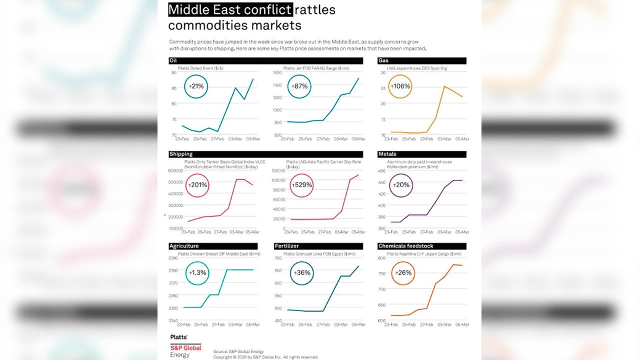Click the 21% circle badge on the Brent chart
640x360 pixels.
click(x=196, y=86)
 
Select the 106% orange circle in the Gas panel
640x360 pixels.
click(x=400, y=86)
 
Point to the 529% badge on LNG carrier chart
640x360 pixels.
click(x=301, y=184)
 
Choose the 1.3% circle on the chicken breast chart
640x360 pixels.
click(x=197, y=272)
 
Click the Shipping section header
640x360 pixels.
click(x=181, y=154)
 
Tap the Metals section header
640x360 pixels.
click(x=387, y=154)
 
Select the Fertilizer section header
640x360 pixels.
click(x=286, y=246)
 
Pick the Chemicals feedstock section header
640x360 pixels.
click(x=405, y=246)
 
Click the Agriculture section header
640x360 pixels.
click(x=184, y=246)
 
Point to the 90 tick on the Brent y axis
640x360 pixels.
click(x=173, y=72)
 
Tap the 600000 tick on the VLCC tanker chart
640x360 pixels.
click(x=174, y=171)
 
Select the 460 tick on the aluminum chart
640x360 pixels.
click(x=381, y=171)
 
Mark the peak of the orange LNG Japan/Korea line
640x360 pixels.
click(x=444, y=86)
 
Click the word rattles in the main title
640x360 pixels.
click(x=315, y=9)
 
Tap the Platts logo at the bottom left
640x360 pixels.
click(x=179, y=337)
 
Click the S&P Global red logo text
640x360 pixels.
click(x=185, y=348)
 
